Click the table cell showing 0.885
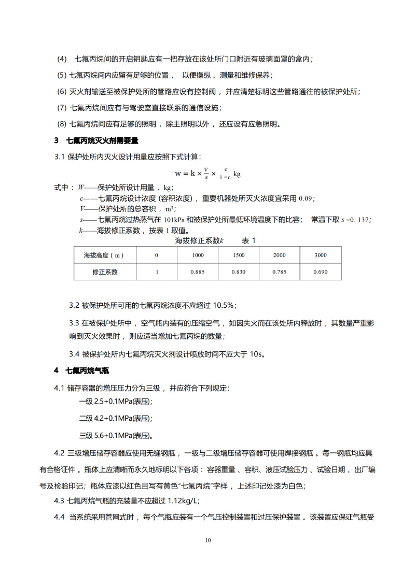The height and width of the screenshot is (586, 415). (198, 272)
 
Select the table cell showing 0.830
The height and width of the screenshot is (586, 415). (239, 272)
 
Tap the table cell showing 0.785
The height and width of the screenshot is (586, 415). (279, 272)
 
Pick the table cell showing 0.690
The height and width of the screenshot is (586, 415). (321, 272)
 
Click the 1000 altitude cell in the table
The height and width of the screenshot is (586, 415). (198, 255)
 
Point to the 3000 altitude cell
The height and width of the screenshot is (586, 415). (321, 255)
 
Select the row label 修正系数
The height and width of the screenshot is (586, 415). (105, 272)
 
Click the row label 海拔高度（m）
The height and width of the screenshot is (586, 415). (105, 255)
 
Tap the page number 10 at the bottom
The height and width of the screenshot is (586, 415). (208, 540)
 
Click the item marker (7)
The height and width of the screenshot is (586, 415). (62, 108)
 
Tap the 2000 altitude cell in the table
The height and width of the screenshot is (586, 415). (279, 255)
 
